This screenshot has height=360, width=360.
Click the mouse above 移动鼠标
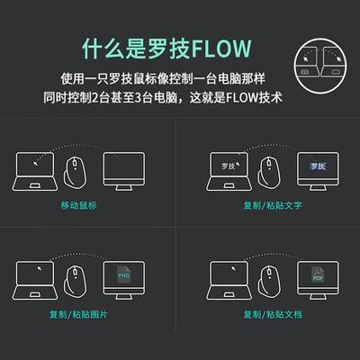coord(76,170)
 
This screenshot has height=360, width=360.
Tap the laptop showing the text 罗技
coord(226,172)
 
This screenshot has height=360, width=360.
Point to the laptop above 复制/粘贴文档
coord(226,280)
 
